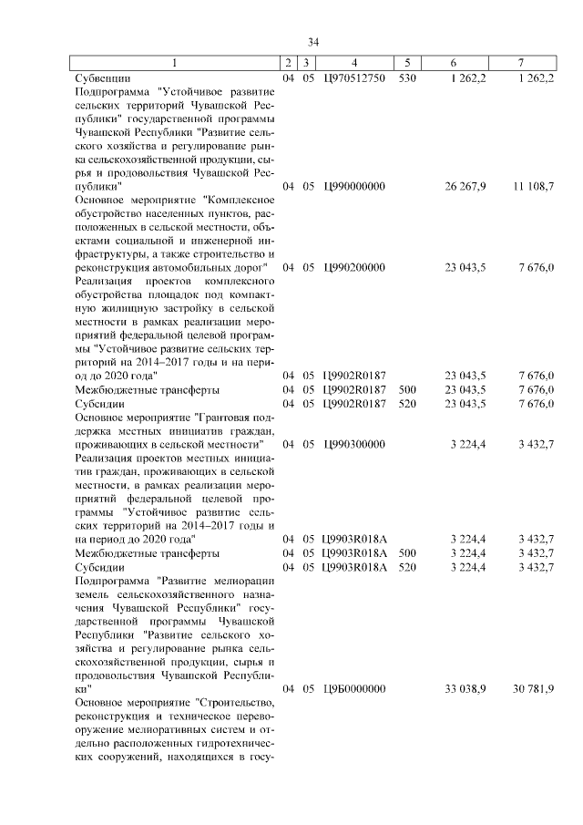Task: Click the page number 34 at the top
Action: tap(313, 42)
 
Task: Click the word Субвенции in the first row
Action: tap(102, 78)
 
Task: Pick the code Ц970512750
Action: tap(354, 78)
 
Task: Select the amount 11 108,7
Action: tap(533, 186)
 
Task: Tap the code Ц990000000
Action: tap(354, 186)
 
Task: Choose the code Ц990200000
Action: tap(354, 267)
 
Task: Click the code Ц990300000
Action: tap(354, 444)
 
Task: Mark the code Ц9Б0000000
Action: tap(354, 688)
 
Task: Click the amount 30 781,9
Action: tap(533, 688)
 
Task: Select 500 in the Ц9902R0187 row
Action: tap(407, 389)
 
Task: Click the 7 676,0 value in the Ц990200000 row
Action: tap(537, 267)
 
